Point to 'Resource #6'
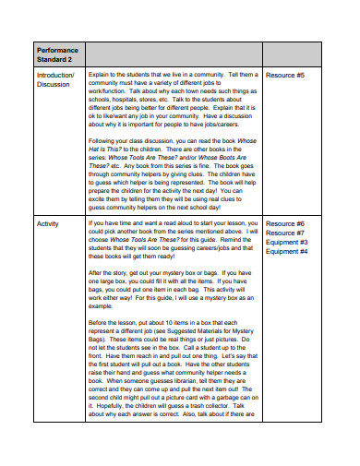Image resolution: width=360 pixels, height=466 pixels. point(285,224)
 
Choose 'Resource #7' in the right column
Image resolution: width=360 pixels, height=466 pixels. point(285,233)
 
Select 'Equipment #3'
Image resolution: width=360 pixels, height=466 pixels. point(287,243)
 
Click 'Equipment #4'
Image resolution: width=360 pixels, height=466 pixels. point(287,252)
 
